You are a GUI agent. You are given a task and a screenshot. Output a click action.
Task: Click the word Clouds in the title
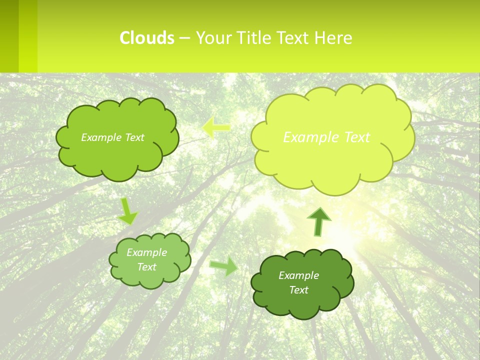click(x=147, y=38)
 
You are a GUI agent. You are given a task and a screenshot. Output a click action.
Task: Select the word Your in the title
click(x=213, y=38)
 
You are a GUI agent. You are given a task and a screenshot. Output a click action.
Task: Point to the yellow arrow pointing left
click(x=216, y=127)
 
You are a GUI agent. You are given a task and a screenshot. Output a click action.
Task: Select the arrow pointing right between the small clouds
click(x=224, y=266)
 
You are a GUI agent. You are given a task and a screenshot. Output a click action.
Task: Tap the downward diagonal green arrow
click(x=128, y=211)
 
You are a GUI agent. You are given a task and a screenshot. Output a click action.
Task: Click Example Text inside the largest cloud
click(x=326, y=137)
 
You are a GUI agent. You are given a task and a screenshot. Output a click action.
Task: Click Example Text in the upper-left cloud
click(x=112, y=137)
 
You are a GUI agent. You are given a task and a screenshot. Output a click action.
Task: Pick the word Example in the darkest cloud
click(x=298, y=275)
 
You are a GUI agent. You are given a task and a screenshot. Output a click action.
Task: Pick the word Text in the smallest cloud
click(x=146, y=267)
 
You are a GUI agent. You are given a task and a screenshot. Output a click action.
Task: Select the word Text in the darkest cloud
click(x=298, y=290)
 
